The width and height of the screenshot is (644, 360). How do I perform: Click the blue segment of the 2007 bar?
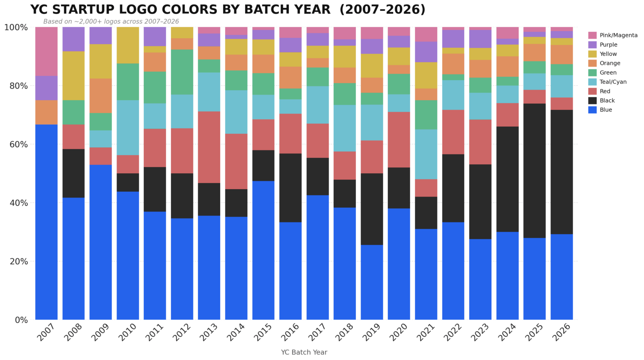pos(46,222)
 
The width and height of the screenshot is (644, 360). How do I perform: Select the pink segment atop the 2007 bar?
pos(46,51)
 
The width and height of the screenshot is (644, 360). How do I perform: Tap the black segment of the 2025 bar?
pos(534,170)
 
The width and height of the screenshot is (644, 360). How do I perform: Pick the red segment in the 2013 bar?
pos(209,147)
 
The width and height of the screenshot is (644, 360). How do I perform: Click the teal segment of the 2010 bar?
pos(127,128)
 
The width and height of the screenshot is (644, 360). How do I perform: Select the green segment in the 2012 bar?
pos(182,72)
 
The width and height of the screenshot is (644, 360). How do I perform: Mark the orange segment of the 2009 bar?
pos(101,96)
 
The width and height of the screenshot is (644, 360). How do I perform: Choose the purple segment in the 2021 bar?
pos(426,52)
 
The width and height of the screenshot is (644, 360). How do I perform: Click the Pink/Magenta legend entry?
pos(618,35)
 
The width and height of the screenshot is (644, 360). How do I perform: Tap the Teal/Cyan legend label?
pos(613,82)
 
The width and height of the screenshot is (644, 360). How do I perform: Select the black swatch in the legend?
pos(592,101)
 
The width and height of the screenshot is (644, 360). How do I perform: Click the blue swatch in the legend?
pos(592,110)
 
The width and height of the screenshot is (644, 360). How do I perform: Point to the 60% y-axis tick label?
pos(16,144)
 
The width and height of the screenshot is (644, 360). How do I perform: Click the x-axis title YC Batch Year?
pos(304,352)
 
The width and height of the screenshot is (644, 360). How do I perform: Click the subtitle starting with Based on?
pos(111,22)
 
